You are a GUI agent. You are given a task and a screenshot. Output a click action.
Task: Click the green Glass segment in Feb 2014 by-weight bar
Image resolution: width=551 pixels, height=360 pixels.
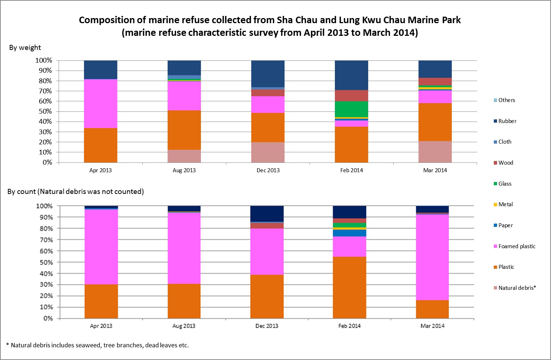pos(351,109)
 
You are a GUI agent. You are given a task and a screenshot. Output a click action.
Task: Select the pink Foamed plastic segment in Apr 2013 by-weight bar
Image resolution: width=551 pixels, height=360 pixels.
pos(100,103)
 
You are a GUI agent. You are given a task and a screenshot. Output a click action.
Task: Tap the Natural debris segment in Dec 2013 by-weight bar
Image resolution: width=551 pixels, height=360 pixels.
pos(268,152)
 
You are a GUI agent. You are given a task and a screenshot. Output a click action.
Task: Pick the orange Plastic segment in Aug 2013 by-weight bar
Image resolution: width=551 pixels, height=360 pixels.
pos(184,130)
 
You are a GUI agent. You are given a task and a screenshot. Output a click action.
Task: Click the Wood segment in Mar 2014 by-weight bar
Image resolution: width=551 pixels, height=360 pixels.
pos(435,81)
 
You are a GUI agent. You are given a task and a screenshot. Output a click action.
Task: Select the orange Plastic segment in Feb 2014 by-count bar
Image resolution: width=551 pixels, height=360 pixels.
pos(349,287)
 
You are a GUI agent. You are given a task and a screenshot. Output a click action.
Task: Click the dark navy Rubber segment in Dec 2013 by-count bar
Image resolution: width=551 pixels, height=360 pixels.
pos(267,213)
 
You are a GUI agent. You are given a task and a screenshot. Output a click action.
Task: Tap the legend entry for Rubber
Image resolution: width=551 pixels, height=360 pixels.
pos(507,121)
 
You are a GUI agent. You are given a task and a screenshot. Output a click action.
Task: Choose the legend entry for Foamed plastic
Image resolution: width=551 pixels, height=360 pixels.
pos(517,246)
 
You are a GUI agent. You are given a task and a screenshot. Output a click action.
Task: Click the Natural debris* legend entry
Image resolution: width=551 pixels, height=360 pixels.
pos(517,288)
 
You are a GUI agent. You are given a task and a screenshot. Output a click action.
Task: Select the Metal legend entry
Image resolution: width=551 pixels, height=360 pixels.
pos(505,204)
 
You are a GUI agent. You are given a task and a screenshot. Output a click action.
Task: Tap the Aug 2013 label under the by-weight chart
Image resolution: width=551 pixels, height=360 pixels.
pos(184,170)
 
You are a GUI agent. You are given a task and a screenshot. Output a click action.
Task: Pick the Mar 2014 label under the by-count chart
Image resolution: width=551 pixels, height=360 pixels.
pos(432,326)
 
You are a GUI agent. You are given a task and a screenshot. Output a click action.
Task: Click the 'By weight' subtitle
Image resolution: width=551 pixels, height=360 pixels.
pos(25,48)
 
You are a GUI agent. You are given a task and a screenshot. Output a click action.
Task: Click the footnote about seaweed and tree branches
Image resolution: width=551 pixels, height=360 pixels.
pos(98,345)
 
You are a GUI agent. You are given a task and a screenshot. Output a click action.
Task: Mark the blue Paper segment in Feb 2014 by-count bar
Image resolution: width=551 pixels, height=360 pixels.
pos(349,233)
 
